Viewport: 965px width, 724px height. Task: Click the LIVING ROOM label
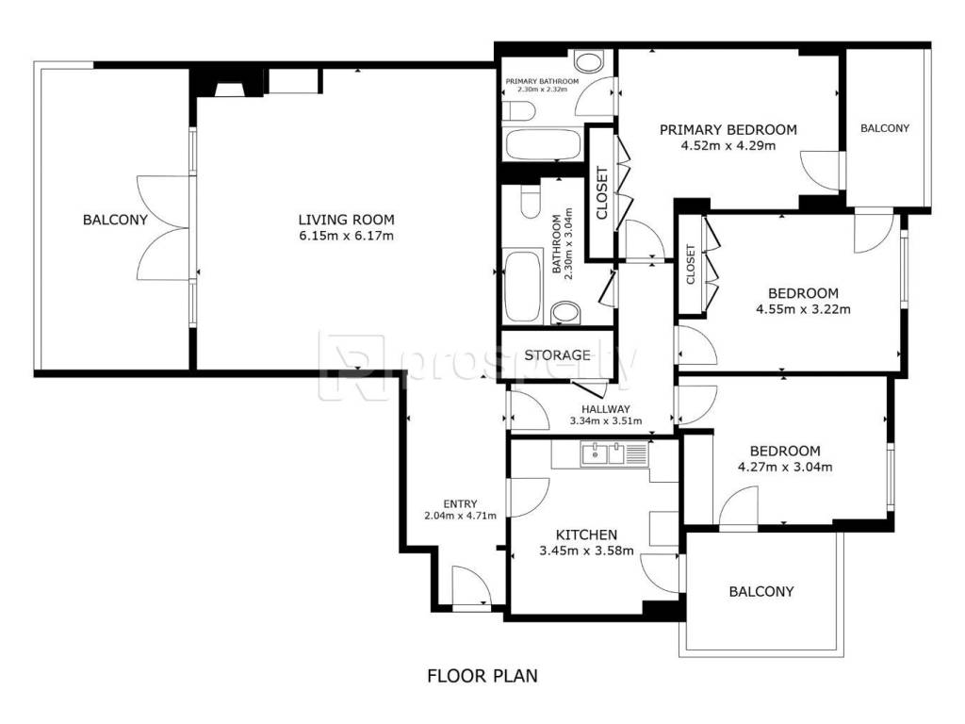point(346,219)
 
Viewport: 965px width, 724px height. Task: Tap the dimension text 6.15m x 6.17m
point(346,235)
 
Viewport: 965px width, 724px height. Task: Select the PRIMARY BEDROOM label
point(728,129)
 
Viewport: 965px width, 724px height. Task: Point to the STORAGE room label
point(557,354)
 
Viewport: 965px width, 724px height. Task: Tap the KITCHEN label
point(586,535)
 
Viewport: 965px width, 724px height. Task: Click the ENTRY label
point(460,503)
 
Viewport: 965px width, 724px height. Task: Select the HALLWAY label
point(606,409)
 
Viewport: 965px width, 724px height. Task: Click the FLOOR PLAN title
point(482,675)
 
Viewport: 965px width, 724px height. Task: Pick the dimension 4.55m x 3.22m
point(803,309)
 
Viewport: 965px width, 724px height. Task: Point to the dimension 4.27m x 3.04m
point(785,467)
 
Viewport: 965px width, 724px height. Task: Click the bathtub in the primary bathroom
point(542,144)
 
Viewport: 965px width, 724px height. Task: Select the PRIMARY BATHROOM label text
point(542,81)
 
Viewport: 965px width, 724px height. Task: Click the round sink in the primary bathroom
point(589,62)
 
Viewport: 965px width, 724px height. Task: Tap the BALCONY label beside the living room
point(115,219)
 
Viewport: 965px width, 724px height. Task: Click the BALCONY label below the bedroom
point(761,591)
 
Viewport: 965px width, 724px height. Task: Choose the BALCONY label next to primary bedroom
point(884,128)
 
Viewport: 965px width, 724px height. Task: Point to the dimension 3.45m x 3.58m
point(586,551)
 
